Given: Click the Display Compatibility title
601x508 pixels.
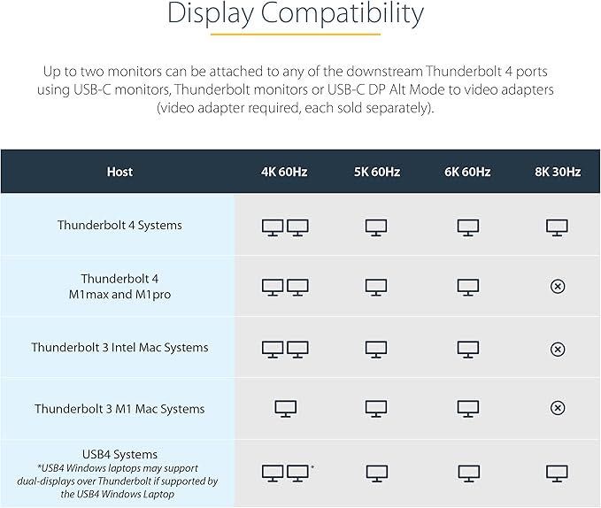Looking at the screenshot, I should (x=295, y=14).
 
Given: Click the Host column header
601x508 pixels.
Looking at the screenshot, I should (x=119, y=172).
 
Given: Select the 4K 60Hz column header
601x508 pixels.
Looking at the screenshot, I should (x=284, y=172).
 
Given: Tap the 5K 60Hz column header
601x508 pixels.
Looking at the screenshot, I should (x=376, y=172).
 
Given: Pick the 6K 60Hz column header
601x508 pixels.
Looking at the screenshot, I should (x=467, y=172).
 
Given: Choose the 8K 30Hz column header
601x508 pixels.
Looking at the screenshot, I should (x=558, y=172).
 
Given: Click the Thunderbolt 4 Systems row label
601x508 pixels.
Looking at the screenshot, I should (x=119, y=225).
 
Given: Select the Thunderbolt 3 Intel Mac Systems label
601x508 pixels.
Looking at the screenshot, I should (x=119, y=347).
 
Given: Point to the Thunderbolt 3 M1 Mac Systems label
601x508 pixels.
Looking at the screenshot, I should (x=119, y=409).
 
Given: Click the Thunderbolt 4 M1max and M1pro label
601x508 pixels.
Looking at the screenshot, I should (x=119, y=287).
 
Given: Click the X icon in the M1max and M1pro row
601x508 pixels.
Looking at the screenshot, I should (x=558, y=287).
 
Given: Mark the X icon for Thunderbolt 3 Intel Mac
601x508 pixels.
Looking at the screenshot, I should (x=558, y=349).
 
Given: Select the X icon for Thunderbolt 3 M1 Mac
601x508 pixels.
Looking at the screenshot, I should (x=558, y=409).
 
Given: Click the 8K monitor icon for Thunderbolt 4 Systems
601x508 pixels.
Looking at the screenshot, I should (x=558, y=227).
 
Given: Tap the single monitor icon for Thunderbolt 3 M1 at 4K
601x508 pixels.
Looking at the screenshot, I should (x=285, y=409).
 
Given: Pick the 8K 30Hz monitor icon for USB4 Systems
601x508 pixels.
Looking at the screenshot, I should (x=558, y=473).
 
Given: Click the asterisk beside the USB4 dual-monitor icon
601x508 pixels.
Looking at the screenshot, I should (x=313, y=466).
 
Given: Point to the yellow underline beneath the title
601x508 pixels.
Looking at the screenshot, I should (x=295, y=35).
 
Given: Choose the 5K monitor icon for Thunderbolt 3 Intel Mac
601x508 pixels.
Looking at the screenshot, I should (x=376, y=349).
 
